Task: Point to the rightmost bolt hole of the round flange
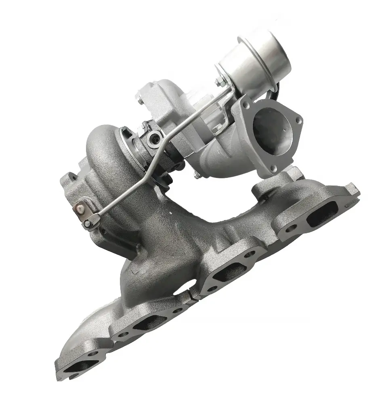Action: [x=298, y=120]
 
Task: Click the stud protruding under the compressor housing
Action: [x=197, y=175]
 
